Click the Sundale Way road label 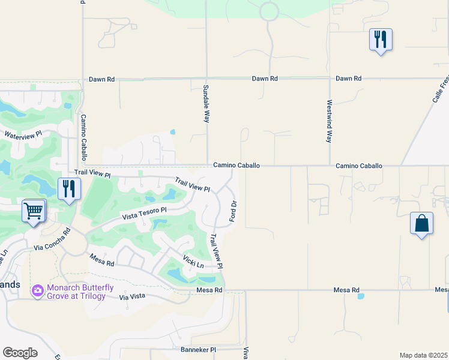click(x=206, y=104)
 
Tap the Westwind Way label click(x=329, y=121)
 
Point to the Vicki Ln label click(x=193, y=262)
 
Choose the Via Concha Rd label click(x=52, y=238)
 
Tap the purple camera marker click(x=38, y=290)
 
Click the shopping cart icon click(x=34, y=211)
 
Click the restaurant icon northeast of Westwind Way click(x=380, y=40)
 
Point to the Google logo click(x=20, y=353)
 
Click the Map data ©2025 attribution click(x=423, y=355)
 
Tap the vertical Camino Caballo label click(x=84, y=137)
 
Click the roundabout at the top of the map click(x=269, y=10)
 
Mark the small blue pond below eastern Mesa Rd click(x=360, y=296)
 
